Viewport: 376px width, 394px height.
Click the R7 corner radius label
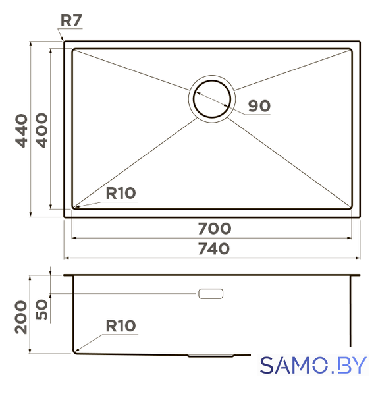pyautogui.click(x=71, y=20)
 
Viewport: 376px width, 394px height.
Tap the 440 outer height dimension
pyautogui.click(x=21, y=130)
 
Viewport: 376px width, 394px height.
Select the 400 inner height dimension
pyautogui.click(x=41, y=130)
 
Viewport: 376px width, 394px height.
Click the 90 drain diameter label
pyautogui.click(x=259, y=106)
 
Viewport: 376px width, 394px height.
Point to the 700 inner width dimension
pyautogui.click(x=215, y=229)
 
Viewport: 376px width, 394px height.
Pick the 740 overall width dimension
pyautogui.click(x=214, y=249)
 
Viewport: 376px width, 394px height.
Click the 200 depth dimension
pyautogui.click(x=21, y=317)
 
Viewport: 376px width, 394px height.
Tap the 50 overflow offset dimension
pyautogui.click(x=41, y=309)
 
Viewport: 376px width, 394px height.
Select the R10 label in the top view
pyautogui.click(x=121, y=193)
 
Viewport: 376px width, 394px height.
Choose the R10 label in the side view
pyautogui.click(x=121, y=326)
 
